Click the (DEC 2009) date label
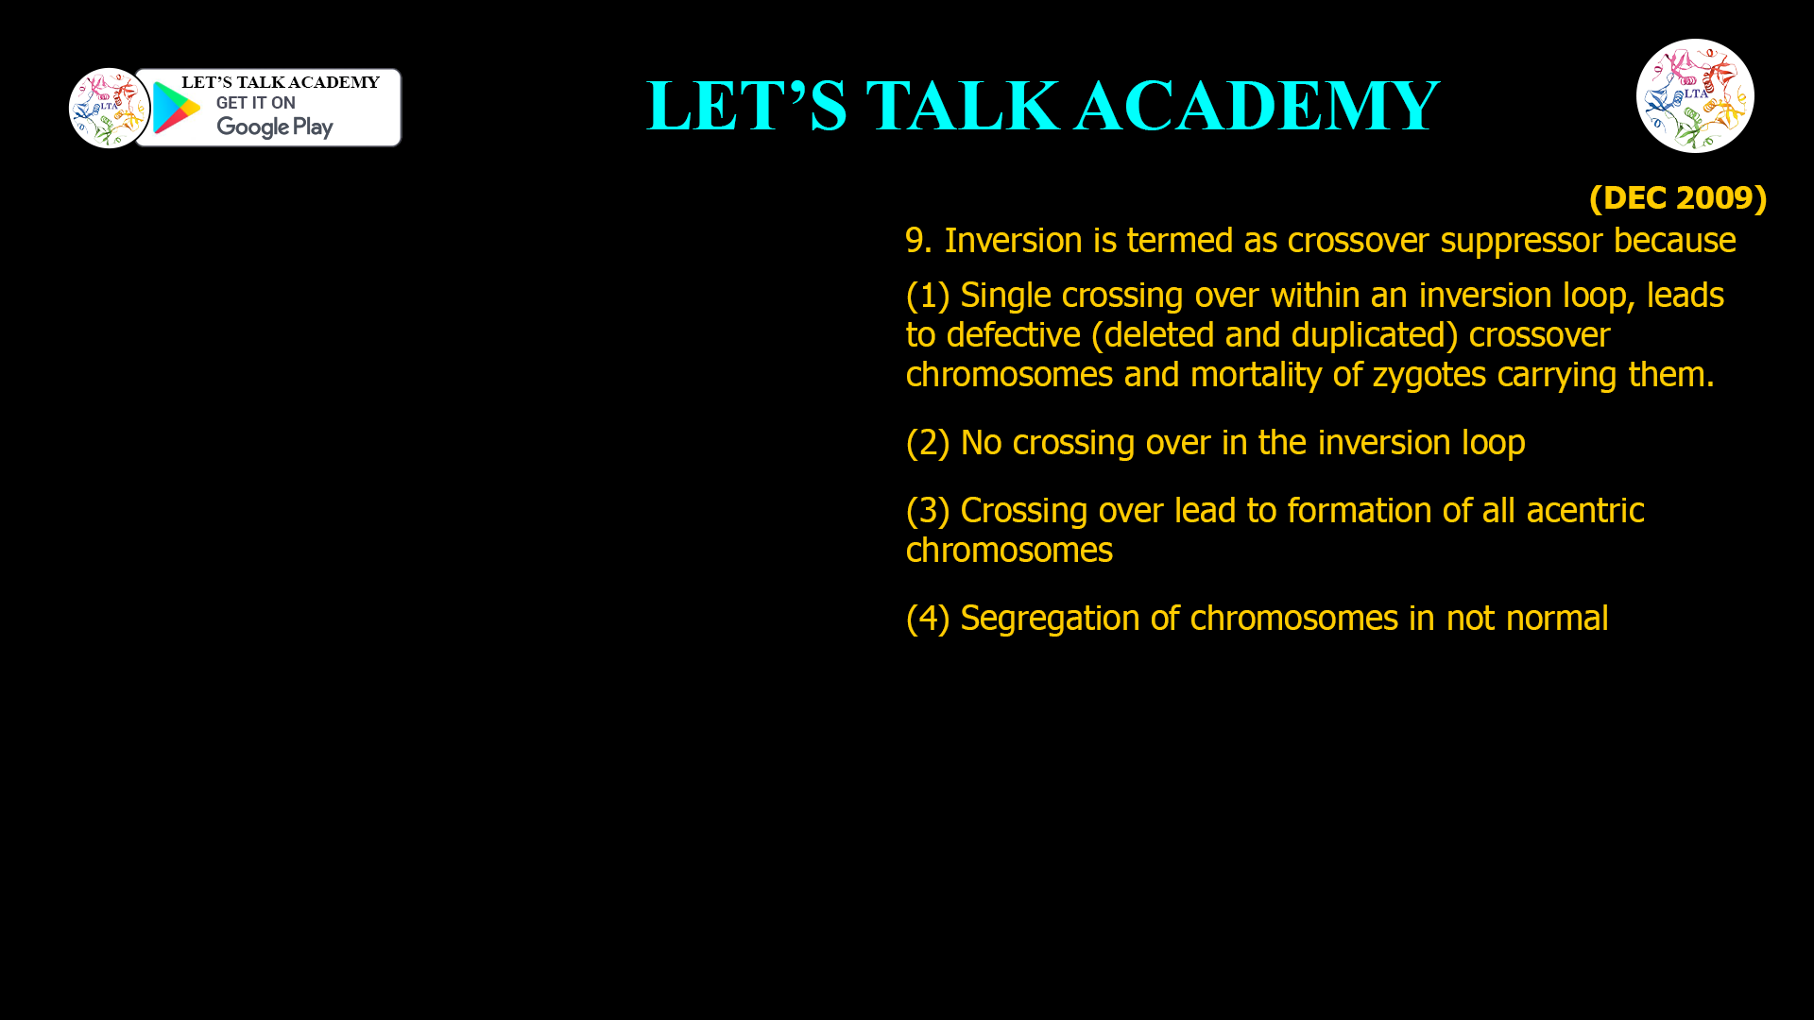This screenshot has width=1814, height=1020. coord(1677,198)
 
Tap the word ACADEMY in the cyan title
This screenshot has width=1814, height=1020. coord(1257,106)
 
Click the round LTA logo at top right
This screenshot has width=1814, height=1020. coord(1695,95)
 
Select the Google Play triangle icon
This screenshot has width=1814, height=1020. coord(176,108)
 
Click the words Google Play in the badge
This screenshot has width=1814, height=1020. coord(274,127)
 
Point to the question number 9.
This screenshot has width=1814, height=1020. coord(917,241)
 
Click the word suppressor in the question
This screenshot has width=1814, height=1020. coord(1521,241)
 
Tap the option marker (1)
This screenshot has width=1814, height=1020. coord(927,296)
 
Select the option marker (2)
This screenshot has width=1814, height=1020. coord(927,443)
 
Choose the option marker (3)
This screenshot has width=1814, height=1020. coord(927,511)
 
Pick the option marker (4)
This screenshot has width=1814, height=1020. coord(927,619)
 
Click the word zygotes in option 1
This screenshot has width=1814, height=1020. coord(1429,375)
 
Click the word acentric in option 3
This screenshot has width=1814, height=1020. coord(1584,511)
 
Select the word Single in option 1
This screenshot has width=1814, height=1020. coord(1005,296)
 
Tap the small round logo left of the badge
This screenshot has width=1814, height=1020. coord(109,108)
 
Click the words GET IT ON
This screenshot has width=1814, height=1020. coord(255,103)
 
